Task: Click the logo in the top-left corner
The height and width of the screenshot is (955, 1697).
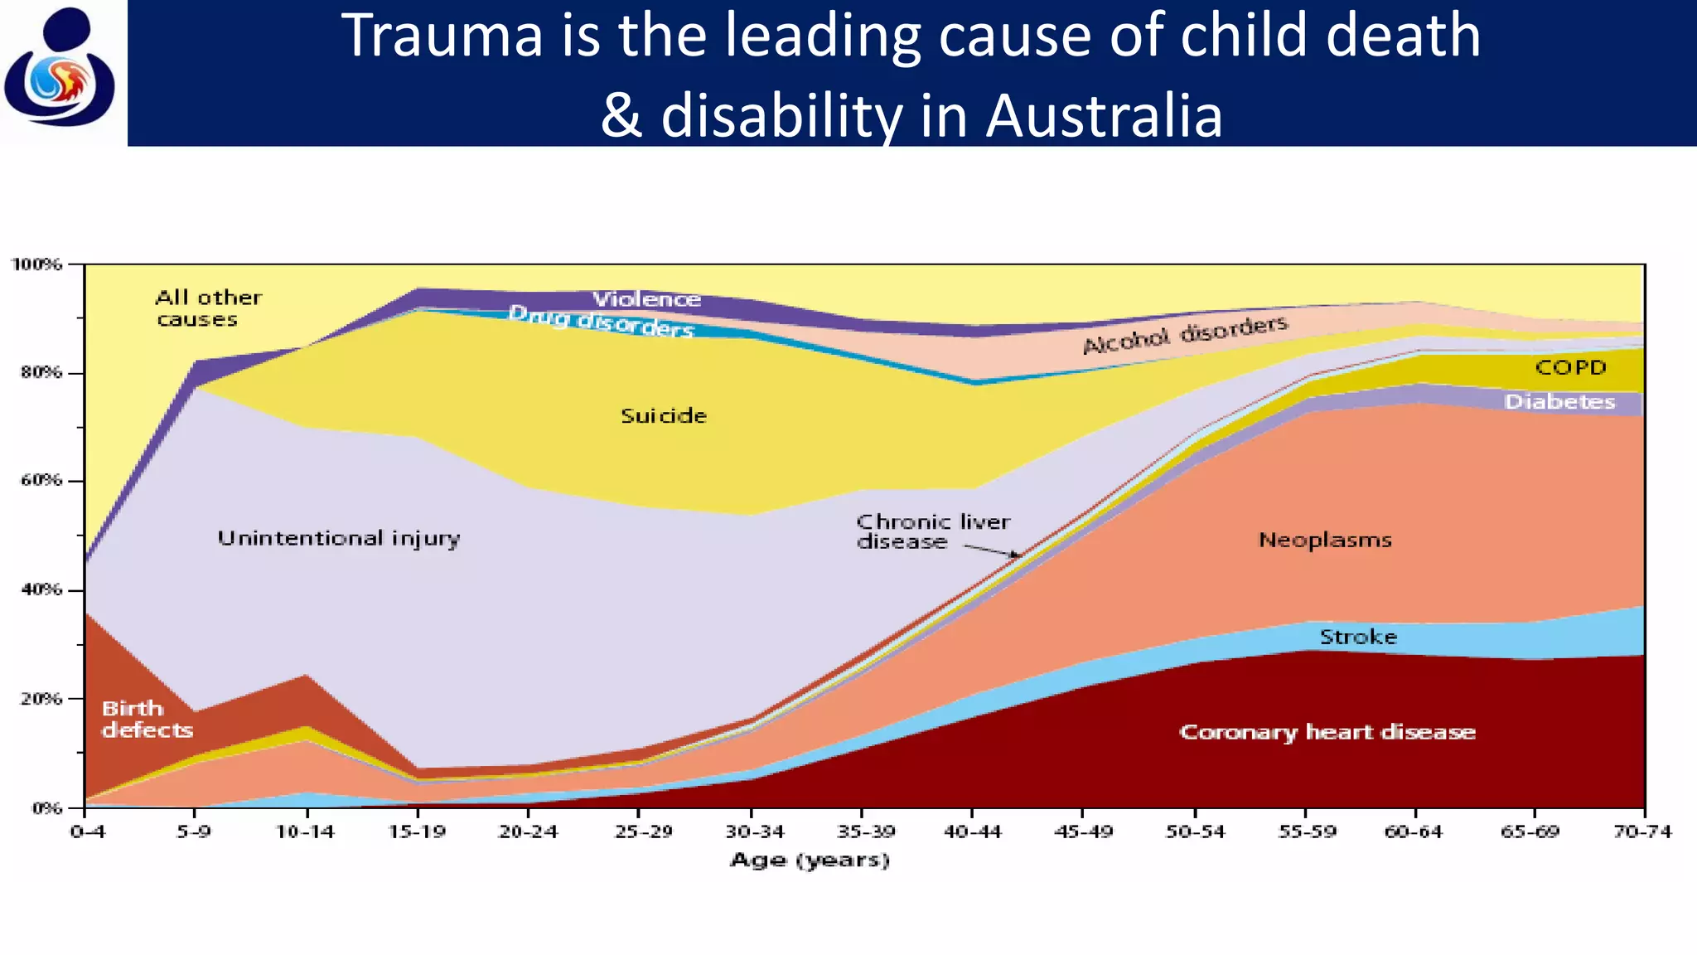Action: point(60,68)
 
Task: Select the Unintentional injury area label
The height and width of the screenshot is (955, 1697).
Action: point(338,539)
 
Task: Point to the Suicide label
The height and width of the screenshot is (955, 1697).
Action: point(664,416)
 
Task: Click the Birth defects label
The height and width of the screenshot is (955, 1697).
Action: point(147,720)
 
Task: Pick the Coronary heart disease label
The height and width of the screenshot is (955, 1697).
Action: point(1327,732)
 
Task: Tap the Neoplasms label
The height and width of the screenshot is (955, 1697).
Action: point(1325,541)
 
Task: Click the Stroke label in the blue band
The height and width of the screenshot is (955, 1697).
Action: point(1358,637)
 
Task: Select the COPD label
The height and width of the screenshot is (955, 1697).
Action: point(1570,367)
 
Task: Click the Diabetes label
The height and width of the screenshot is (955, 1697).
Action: point(1559,402)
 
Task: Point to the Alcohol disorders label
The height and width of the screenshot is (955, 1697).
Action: point(1185,334)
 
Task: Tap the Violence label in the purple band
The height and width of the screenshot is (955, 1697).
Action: point(646,299)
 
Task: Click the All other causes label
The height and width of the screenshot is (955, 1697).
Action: point(208,308)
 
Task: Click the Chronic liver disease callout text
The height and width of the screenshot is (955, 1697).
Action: point(932,531)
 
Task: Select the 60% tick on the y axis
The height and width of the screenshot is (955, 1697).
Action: point(41,481)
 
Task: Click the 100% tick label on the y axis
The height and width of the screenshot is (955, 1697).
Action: point(36,264)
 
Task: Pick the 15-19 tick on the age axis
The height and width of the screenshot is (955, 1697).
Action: point(417,831)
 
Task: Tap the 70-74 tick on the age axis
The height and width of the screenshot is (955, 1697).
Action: point(1642,831)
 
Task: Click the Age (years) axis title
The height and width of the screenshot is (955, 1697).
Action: point(810,860)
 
